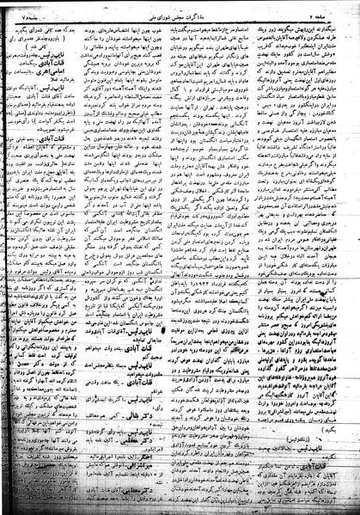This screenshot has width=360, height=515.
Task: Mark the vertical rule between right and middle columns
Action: coord(237,258)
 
